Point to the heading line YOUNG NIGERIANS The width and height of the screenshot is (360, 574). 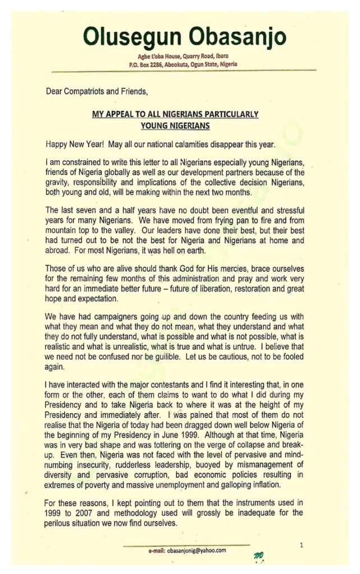[175, 126]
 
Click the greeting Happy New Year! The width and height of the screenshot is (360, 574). [71, 144]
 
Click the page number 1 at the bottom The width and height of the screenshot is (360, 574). [301, 544]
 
